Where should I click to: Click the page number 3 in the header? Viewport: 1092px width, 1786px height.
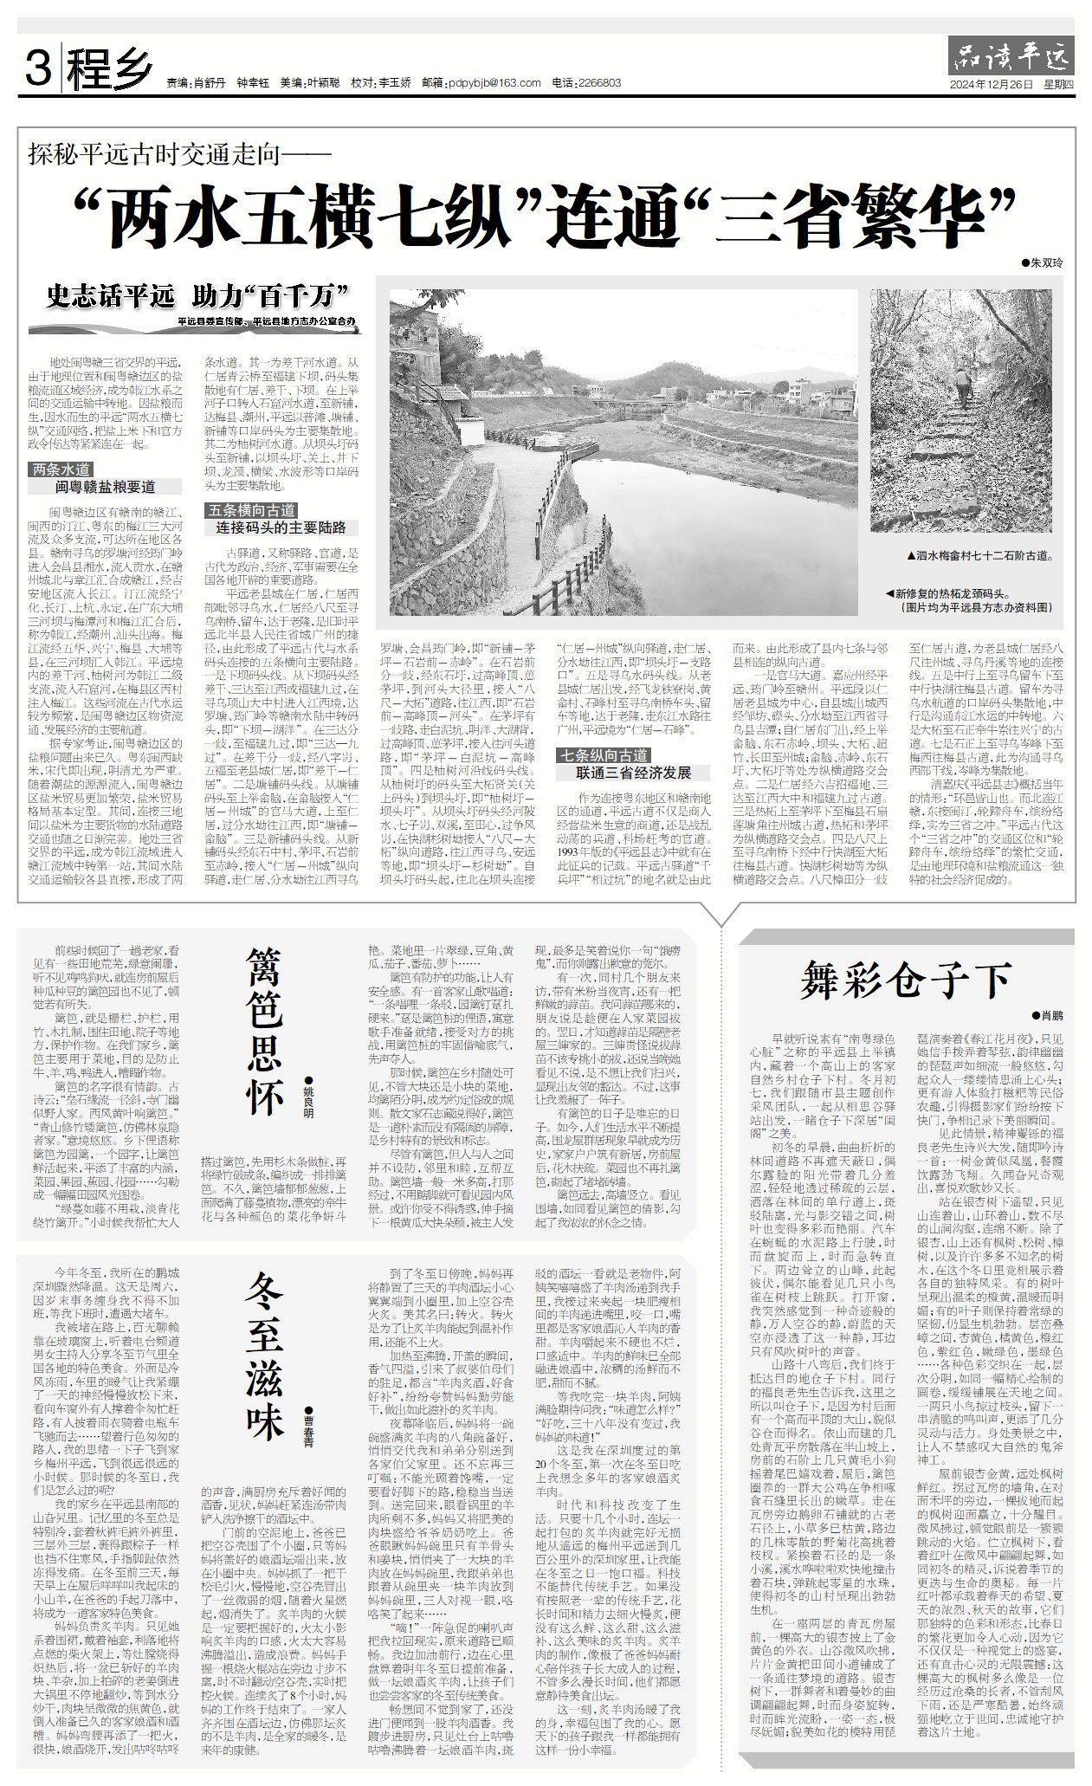pyautogui.click(x=37, y=68)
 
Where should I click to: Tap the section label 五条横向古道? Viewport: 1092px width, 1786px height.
pyautogui.click(x=250, y=510)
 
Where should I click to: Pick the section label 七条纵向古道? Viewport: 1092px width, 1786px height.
pyautogui.click(x=603, y=755)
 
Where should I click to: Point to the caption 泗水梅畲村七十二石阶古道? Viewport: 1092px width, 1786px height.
pyautogui.click(x=979, y=555)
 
